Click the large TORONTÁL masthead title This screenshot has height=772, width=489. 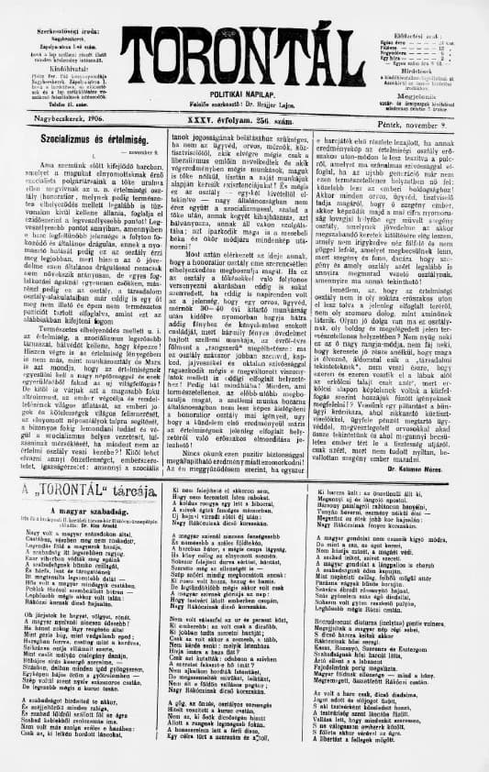coord(245,47)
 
